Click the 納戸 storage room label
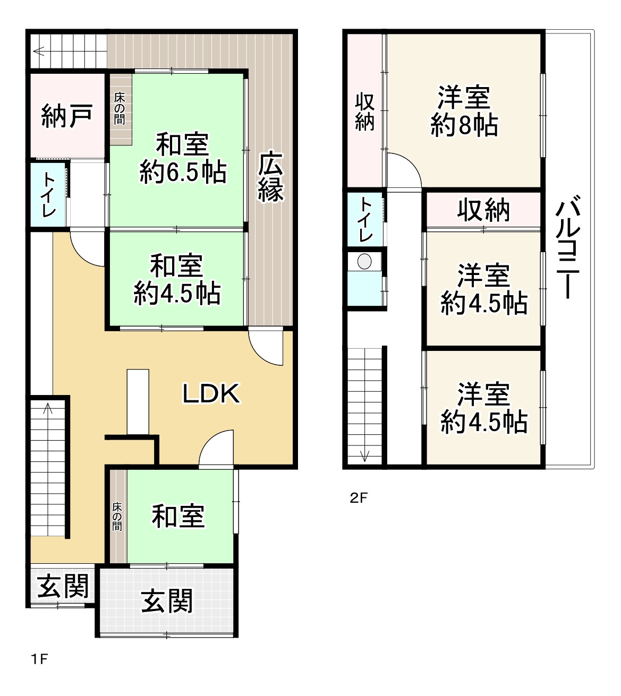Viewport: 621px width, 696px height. (x=67, y=117)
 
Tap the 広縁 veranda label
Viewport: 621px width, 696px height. (x=270, y=176)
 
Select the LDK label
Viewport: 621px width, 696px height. (x=211, y=394)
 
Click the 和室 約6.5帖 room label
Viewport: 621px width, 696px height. (x=183, y=158)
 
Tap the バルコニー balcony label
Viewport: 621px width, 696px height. (x=568, y=246)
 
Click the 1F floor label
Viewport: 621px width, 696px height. (x=39, y=659)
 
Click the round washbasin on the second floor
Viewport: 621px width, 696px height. (x=364, y=262)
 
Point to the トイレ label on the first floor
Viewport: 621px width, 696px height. (x=48, y=195)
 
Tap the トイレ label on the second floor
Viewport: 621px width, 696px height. (x=365, y=220)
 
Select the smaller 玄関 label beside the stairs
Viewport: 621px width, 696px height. (x=63, y=587)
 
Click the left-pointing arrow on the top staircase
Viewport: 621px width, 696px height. (x=38, y=51)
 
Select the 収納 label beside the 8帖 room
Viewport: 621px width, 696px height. (x=365, y=111)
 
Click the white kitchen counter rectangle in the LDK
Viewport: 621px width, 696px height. (x=138, y=402)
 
